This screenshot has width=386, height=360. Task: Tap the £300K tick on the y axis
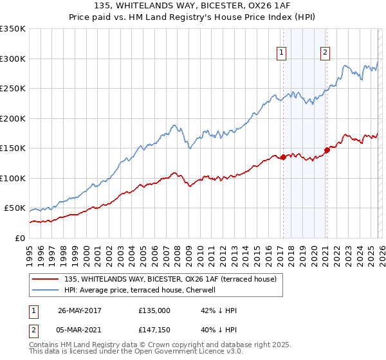13,59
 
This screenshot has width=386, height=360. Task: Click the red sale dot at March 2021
326,150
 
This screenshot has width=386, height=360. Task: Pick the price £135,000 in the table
154,310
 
